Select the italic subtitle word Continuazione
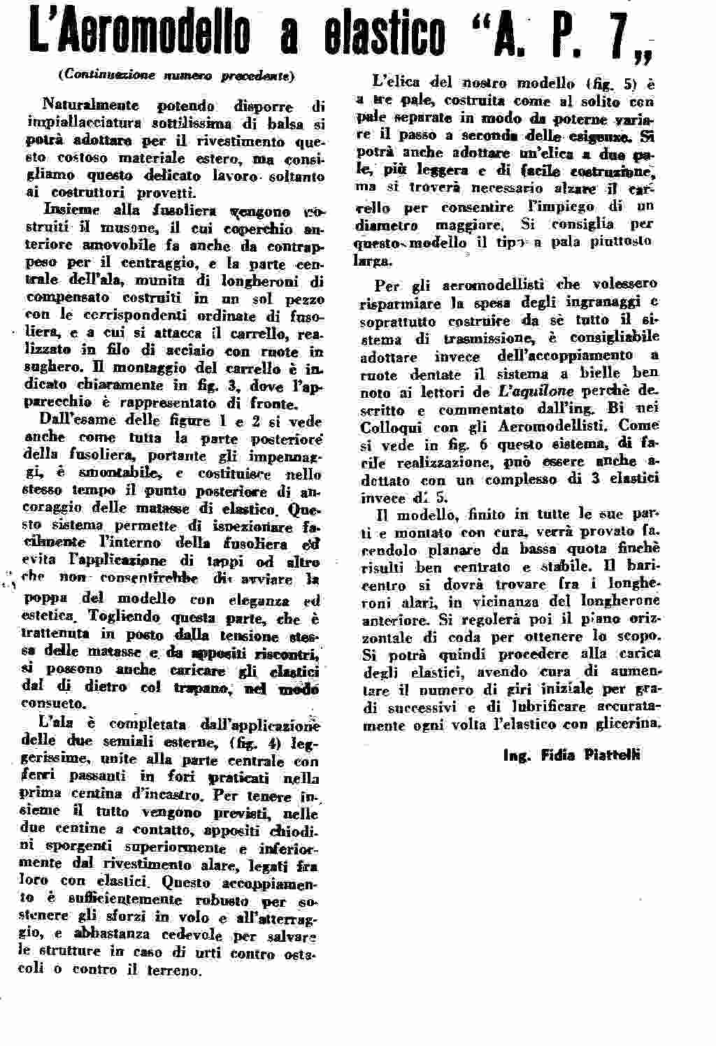102,73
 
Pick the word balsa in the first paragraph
287,124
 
